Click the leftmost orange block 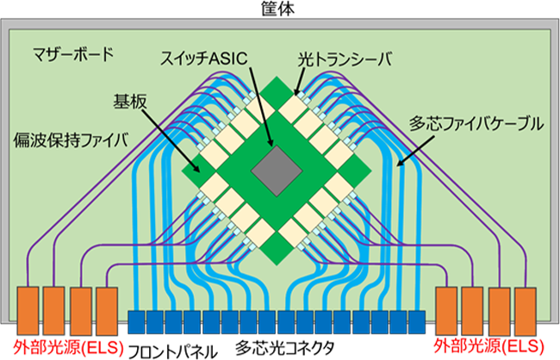coord(29,308)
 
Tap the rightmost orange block coord(526,308)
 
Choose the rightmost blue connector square coord(416,320)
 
